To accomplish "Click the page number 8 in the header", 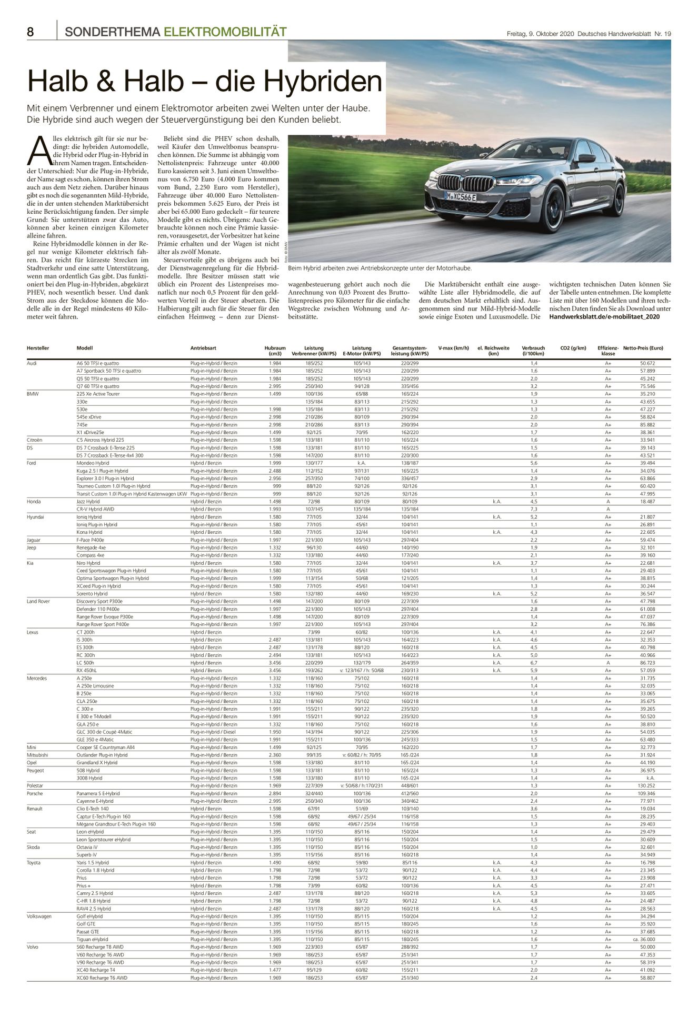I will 31,32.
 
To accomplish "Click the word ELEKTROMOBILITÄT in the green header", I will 225,32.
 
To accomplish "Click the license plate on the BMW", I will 460,197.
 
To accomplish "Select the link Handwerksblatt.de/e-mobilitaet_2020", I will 604,317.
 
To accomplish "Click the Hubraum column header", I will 275,348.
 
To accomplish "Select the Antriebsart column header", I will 203,348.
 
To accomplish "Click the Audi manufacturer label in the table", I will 32,363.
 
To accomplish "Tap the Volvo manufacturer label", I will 33,947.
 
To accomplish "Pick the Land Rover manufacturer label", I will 39,601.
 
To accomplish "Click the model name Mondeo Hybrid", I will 93,463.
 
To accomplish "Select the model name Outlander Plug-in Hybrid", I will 102,755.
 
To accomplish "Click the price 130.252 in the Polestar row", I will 646,786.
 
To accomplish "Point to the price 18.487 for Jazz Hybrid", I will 647,502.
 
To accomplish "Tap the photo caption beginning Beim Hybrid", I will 380,268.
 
